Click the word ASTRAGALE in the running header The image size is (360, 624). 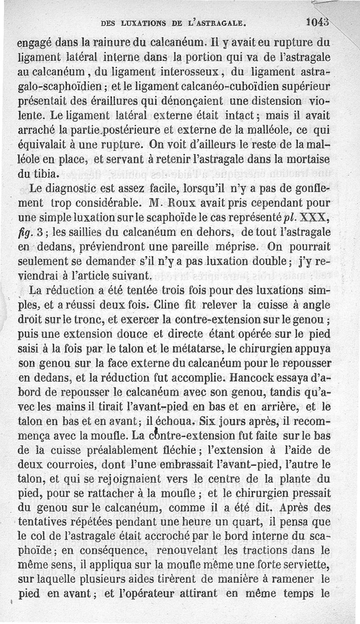[x=221, y=22]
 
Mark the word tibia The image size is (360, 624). [x=56, y=174]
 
